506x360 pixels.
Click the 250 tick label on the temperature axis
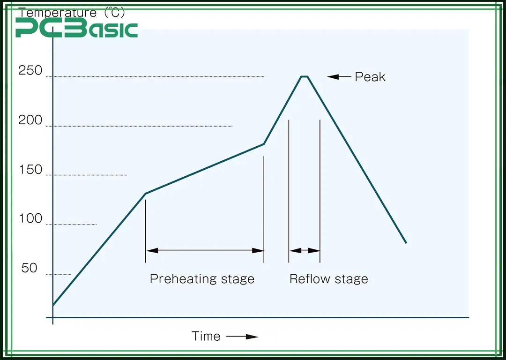tap(30, 71)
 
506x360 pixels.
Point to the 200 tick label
tap(30, 120)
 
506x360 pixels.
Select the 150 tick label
tap(30, 170)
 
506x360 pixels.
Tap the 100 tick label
tap(30, 219)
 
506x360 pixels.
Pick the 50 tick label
tap(29, 268)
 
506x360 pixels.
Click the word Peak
tap(370, 77)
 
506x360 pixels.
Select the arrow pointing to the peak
tap(339, 76)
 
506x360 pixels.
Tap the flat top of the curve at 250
tap(305, 76)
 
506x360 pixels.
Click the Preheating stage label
tap(202, 279)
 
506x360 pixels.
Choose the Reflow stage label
tap(328, 279)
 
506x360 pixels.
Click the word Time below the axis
tap(206, 336)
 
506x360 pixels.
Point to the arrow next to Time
tap(242, 337)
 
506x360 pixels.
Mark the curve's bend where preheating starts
tap(146, 193)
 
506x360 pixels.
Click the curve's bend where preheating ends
tap(264, 144)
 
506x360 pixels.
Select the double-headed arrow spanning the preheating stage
tap(205, 250)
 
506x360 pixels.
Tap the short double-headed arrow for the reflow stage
tap(305, 250)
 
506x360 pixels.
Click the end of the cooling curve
tap(406, 243)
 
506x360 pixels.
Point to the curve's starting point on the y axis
tap(53, 306)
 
